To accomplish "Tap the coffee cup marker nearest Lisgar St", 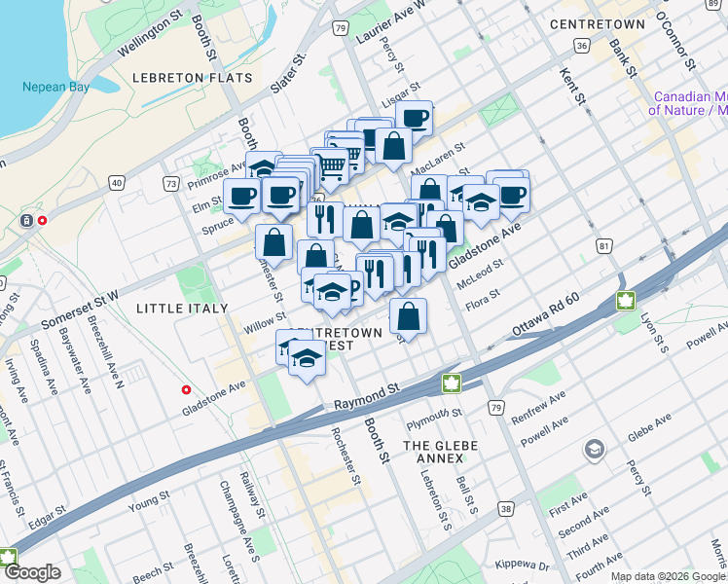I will tap(415, 119).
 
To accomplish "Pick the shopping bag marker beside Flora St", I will tap(409, 316).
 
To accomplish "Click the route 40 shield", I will tap(117, 182).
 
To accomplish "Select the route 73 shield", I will tap(171, 183).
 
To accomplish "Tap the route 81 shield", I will tap(604, 247).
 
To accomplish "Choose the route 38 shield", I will tap(505, 508).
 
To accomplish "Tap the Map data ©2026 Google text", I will tap(668, 576).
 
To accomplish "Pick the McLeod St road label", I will tap(479, 274).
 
